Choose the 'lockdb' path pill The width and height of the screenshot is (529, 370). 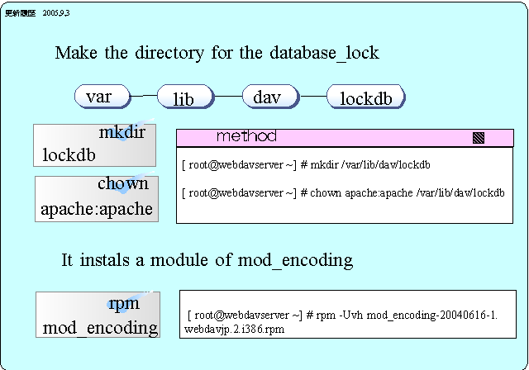click(366, 98)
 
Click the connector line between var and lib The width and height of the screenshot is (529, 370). click(145, 96)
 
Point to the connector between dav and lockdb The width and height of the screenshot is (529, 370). click(312, 96)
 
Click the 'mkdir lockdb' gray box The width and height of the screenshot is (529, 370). click(95, 144)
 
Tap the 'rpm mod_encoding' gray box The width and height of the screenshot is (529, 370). click(98, 315)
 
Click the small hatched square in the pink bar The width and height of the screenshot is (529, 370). click(478, 138)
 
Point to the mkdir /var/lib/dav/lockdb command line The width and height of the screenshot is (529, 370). click(306, 165)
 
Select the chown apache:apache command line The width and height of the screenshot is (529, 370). click(343, 193)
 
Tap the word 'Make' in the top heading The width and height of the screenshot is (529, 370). click(74, 53)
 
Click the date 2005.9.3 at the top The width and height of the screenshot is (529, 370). click(56, 14)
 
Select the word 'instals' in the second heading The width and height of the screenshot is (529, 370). click(109, 260)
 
